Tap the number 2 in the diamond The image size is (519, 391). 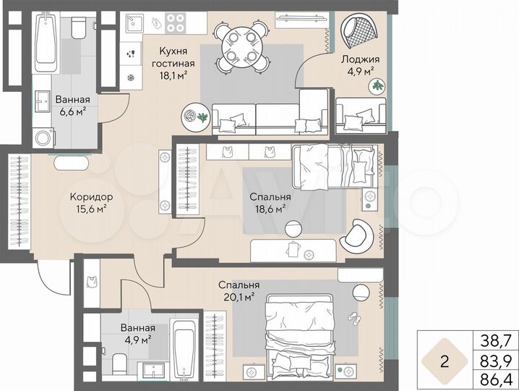pos(445,360)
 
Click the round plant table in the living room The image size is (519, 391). pos(194,115)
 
